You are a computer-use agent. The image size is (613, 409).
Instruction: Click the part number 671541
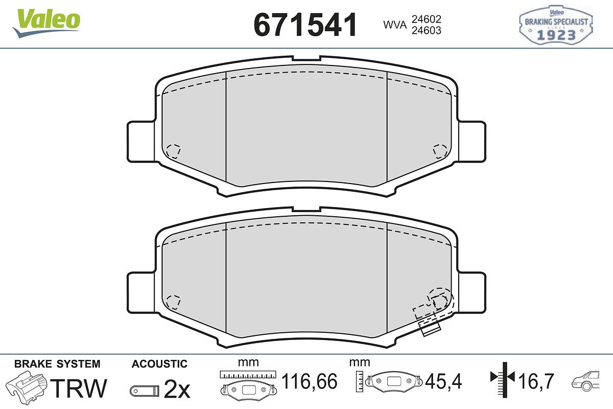click(305, 25)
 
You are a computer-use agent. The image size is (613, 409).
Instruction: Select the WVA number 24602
click(427, 19)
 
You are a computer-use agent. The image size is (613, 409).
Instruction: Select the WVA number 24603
click(427, 30)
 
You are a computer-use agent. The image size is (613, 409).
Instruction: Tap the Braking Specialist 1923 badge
click(556, 25)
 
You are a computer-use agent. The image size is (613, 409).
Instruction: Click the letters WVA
click(395, 25)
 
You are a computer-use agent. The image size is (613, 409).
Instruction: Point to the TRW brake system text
click(79, 388)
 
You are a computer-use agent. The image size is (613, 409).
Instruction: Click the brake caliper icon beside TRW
click(26, 387)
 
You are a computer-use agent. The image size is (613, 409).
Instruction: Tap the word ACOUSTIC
click(159, 364)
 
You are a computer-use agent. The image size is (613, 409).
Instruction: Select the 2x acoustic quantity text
click(177, 389)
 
